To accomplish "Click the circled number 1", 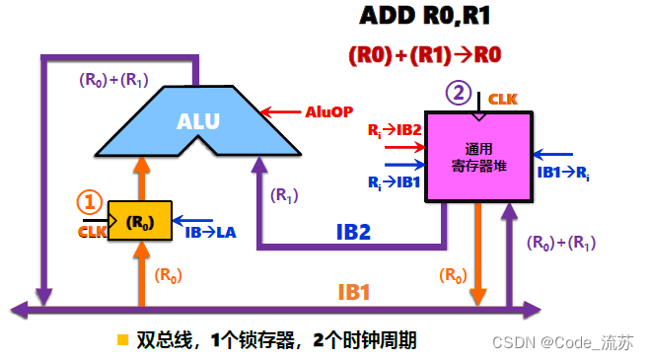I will point(90,202).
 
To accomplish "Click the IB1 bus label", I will point(353,293).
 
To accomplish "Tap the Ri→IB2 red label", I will point(394,129).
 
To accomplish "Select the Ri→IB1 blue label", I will point(393,182).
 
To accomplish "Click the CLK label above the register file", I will point(504,100).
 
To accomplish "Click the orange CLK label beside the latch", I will point(91,232).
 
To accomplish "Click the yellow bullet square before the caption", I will point(122,340).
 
